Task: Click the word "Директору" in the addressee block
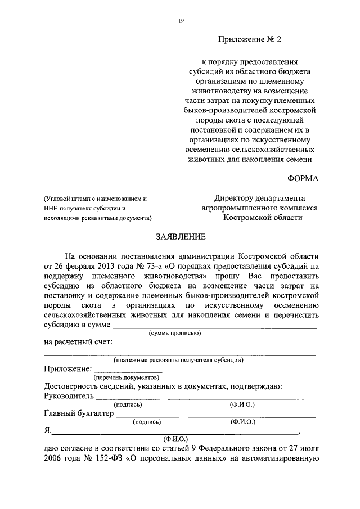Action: pyautogui.click(x=236, y=198)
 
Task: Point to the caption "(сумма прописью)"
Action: pyautogui.click(x=175, y=334)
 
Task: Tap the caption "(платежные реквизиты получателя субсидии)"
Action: pyautogui.click(x=178, y=360)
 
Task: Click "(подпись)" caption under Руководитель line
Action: pyautogui.click(x=128, y=404)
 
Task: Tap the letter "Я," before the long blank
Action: pyautogui.click(x=47, y=431)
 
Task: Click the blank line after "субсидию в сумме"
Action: pyautogui.click(x=214, y=326)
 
